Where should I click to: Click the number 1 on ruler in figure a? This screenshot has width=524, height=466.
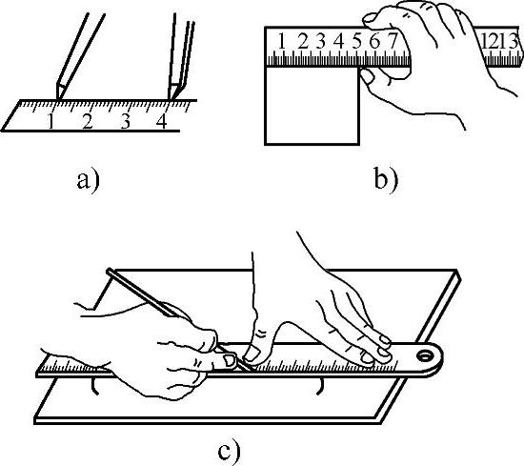[50, 121]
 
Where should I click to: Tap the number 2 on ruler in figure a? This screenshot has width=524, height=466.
[88, 121]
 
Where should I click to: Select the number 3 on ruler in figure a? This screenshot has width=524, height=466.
[125, 121]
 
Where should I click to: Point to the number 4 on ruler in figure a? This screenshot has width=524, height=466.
[161, 121]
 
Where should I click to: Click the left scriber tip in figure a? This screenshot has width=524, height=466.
[58, 99]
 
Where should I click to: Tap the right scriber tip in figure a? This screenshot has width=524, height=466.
[171, 99]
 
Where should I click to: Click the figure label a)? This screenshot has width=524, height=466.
[89, 181]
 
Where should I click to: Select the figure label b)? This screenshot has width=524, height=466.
[386, 181]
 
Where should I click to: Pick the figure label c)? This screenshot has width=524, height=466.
[229, 453]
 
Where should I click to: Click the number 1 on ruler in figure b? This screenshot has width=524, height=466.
[282, 42]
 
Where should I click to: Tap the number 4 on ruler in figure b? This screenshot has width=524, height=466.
[339, 42]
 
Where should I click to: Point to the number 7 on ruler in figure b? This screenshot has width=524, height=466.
[393, 41]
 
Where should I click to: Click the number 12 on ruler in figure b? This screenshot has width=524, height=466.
[491, 42]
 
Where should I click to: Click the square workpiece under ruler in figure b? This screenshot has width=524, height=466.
[312, 106]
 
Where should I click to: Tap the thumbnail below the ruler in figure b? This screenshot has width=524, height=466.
[367, 77]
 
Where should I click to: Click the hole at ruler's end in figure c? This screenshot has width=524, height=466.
[425, 355]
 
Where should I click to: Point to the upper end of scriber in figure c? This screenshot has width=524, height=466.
[109, 271]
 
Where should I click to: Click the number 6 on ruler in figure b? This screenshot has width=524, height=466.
[375, 42]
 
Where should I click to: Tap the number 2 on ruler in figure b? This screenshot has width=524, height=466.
[302, 42]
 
